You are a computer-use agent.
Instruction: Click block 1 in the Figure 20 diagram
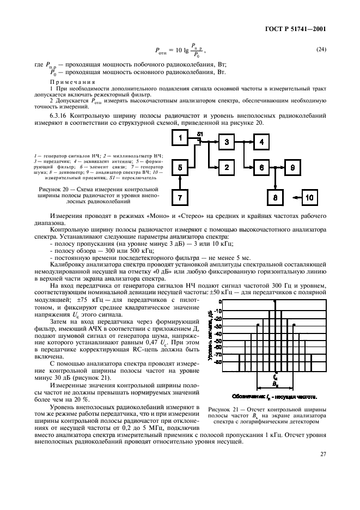[x=180, y=139]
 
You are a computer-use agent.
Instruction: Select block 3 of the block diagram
[x=227, y=143]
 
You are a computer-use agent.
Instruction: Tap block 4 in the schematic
[x=262, y=143]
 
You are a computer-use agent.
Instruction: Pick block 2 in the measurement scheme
[x=227, y=167]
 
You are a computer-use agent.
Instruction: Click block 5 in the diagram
[x=180, y=167]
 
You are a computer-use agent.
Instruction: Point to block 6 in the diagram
[x=262, y=167]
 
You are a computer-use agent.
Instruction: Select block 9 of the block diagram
[x=293, y=167]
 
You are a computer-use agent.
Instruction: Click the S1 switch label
[x=200, y=134]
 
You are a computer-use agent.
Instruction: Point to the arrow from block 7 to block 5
[x=180, y=182]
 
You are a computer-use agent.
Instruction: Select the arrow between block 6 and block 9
[x=277, y=167]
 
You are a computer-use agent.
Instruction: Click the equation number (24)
[x=321, y=50]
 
